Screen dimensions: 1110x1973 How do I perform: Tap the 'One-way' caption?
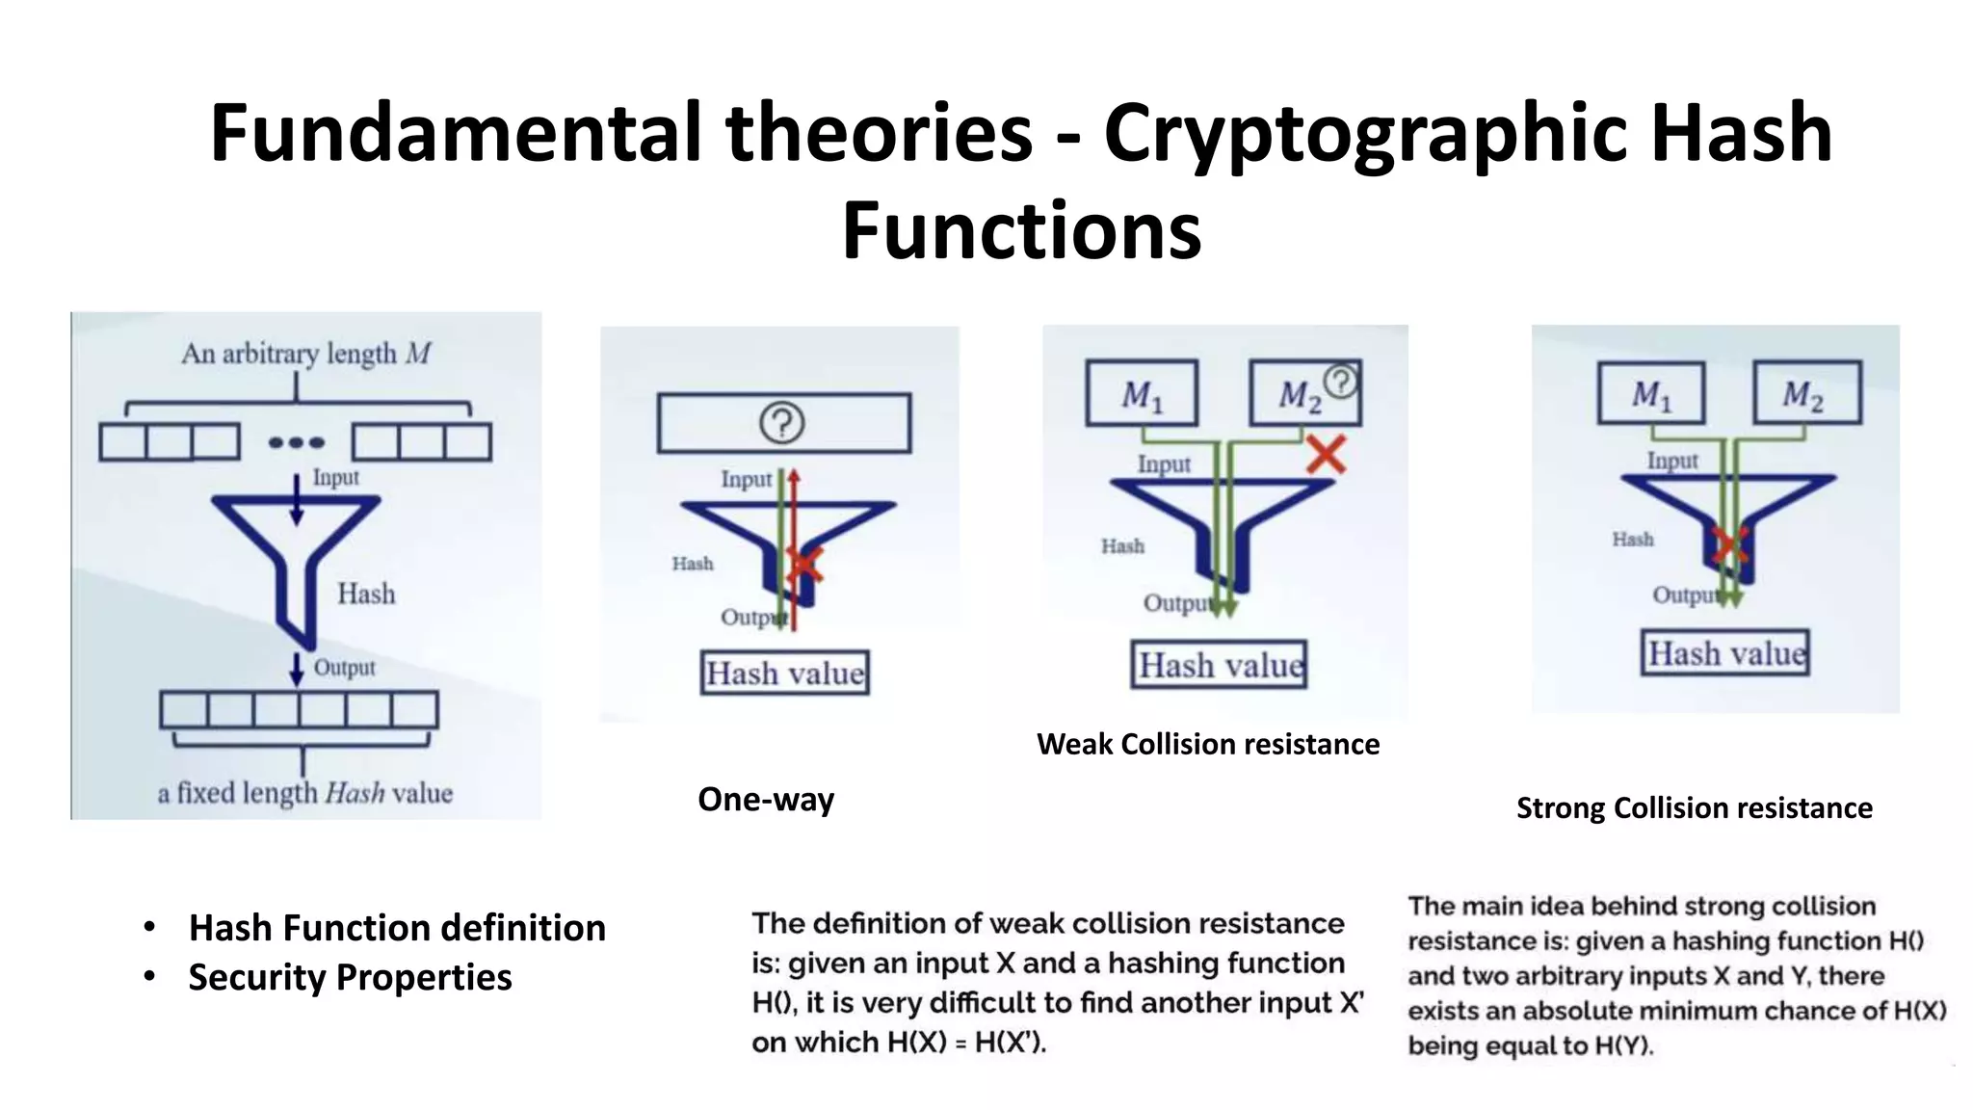pos(766,800)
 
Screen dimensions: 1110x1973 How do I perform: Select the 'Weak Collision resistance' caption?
pos(1208,744)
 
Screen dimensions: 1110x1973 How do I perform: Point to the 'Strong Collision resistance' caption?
pos(1695,807)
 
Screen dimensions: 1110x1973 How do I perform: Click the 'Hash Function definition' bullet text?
pos(397,928)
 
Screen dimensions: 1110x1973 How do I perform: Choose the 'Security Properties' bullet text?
pos(350,977)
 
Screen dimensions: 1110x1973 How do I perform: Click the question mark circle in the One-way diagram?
pos(781,423)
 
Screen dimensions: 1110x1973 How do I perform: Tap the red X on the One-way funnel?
pos(803,565)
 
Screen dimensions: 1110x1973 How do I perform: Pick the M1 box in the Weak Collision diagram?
pos(1142,393)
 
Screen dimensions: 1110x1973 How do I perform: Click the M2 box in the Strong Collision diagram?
pos(1807,393)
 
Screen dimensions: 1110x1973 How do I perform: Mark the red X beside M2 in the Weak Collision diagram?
pos(1327,454)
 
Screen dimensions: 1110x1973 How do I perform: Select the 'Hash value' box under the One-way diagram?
pos(784,673)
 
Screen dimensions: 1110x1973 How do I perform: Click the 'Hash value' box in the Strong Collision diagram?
pos(1725,653)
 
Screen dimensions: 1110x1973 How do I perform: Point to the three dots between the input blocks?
pos(297,442)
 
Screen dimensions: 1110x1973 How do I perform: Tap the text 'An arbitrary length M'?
pos(305,354)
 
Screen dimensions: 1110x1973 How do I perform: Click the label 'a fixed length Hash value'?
pos(305,793)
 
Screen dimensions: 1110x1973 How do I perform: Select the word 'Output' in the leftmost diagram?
pos(344,668)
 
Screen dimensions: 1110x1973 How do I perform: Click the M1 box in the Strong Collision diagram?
pos(1651,393)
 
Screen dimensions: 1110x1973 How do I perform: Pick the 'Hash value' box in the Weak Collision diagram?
pos(1219,665)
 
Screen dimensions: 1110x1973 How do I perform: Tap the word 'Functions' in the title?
pos(1021,231)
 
